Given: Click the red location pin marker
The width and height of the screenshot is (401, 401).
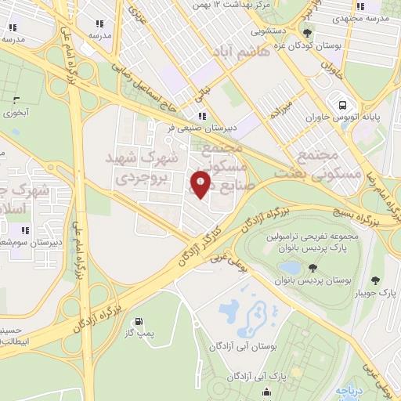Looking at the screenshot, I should tap(200, 184).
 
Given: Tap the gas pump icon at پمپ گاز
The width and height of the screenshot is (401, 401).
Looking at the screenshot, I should tap(139, 321).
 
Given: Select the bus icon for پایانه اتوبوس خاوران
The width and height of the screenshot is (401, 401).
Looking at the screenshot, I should tap(341, 104).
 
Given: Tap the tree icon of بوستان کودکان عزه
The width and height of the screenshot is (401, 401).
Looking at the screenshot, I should tap(308, 33).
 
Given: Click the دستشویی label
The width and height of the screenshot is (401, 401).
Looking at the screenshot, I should tap(268, 33).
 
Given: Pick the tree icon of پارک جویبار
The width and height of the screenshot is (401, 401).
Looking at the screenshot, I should tap(374, 280).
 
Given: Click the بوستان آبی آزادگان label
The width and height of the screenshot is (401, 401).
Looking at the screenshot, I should tap(239, 345).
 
